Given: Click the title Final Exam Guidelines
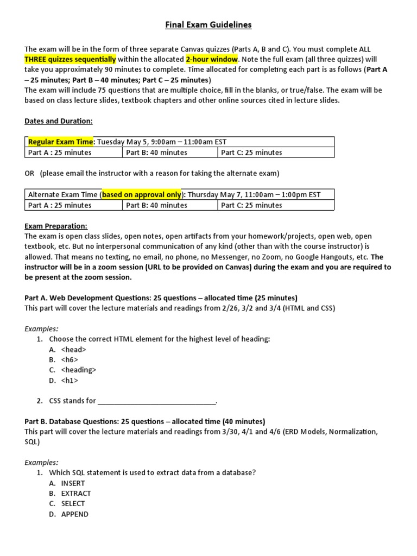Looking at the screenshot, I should [x=208, y=24].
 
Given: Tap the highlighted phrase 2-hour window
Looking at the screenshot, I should [x=212, y=59].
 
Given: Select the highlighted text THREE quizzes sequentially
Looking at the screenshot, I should [x=70, y=59].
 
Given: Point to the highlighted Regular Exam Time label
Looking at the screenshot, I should [x=61, y=142].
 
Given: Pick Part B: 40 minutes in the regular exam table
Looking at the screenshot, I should [x=156, y=153].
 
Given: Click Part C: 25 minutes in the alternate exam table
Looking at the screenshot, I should [x=251, y=205].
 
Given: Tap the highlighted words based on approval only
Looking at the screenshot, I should [x=142, y=194].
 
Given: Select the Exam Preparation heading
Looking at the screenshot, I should [x=56, y=226].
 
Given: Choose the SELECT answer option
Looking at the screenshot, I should [x=73, y=504].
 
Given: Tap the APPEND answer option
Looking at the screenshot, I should [x=74, y=514].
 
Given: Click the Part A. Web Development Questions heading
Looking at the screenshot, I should [x=161, y=298].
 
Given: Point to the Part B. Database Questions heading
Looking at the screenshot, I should [x=145, y=421].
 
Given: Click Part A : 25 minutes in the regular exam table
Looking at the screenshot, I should [x=60, y=153].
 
